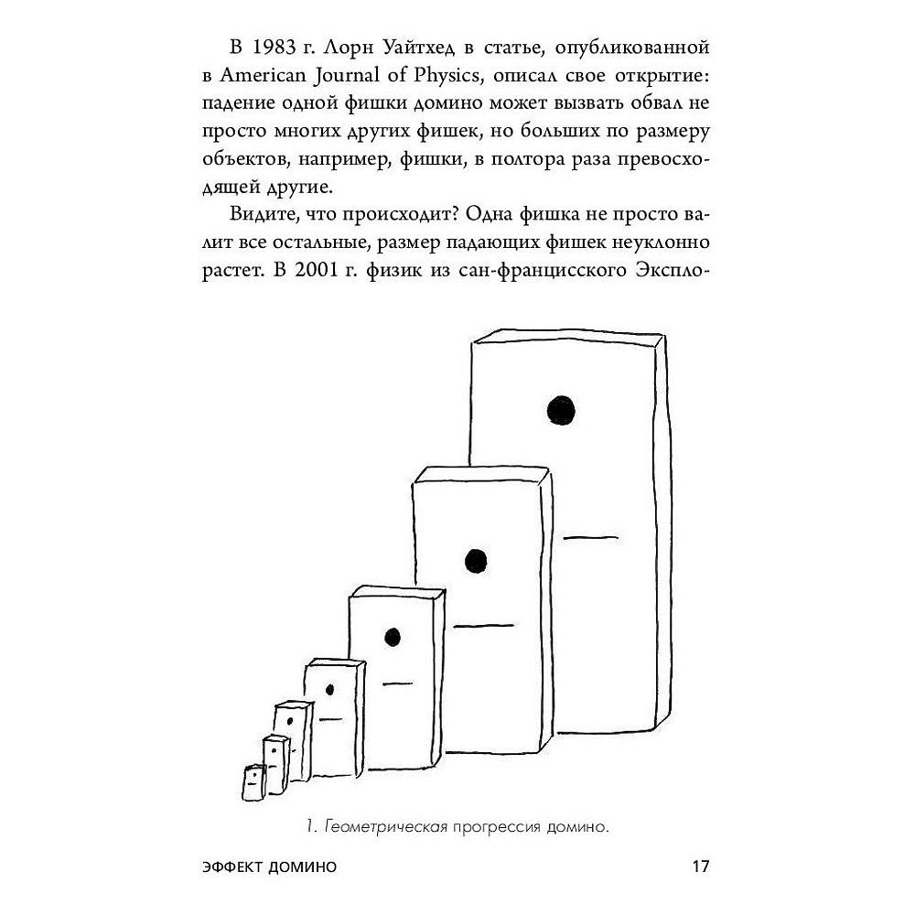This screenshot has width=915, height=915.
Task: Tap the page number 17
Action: pos(700,866)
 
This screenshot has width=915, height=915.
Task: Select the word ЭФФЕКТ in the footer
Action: pos(231,867)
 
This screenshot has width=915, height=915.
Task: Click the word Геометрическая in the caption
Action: pos(386,827)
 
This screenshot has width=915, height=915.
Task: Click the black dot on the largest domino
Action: pos(561,410)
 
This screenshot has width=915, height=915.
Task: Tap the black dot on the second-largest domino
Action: pos(476,561)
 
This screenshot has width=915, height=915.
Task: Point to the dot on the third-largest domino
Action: pos(393,637)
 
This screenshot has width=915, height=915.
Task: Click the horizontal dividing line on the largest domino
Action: pos(590,537)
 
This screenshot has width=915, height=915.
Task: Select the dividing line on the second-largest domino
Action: pos(484,626)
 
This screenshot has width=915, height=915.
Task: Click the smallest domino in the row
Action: pos(253,782)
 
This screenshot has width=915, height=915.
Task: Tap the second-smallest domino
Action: pos(275,765)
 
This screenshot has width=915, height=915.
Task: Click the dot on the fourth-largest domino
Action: pos(329,690)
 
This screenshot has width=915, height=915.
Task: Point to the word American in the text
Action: pos(263,75)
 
